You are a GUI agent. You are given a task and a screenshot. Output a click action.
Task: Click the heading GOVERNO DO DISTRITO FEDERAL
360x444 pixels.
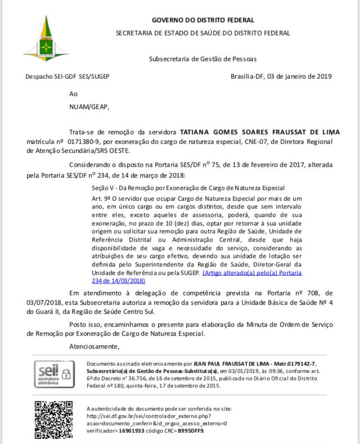203,20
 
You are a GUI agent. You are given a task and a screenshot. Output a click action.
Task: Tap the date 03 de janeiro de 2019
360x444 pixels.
299,77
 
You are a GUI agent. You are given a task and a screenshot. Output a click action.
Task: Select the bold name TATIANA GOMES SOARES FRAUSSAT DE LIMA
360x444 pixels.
259,132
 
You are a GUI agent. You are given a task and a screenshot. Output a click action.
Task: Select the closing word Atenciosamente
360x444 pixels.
94,346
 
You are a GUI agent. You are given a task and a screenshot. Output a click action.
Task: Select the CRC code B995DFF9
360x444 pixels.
190,430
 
